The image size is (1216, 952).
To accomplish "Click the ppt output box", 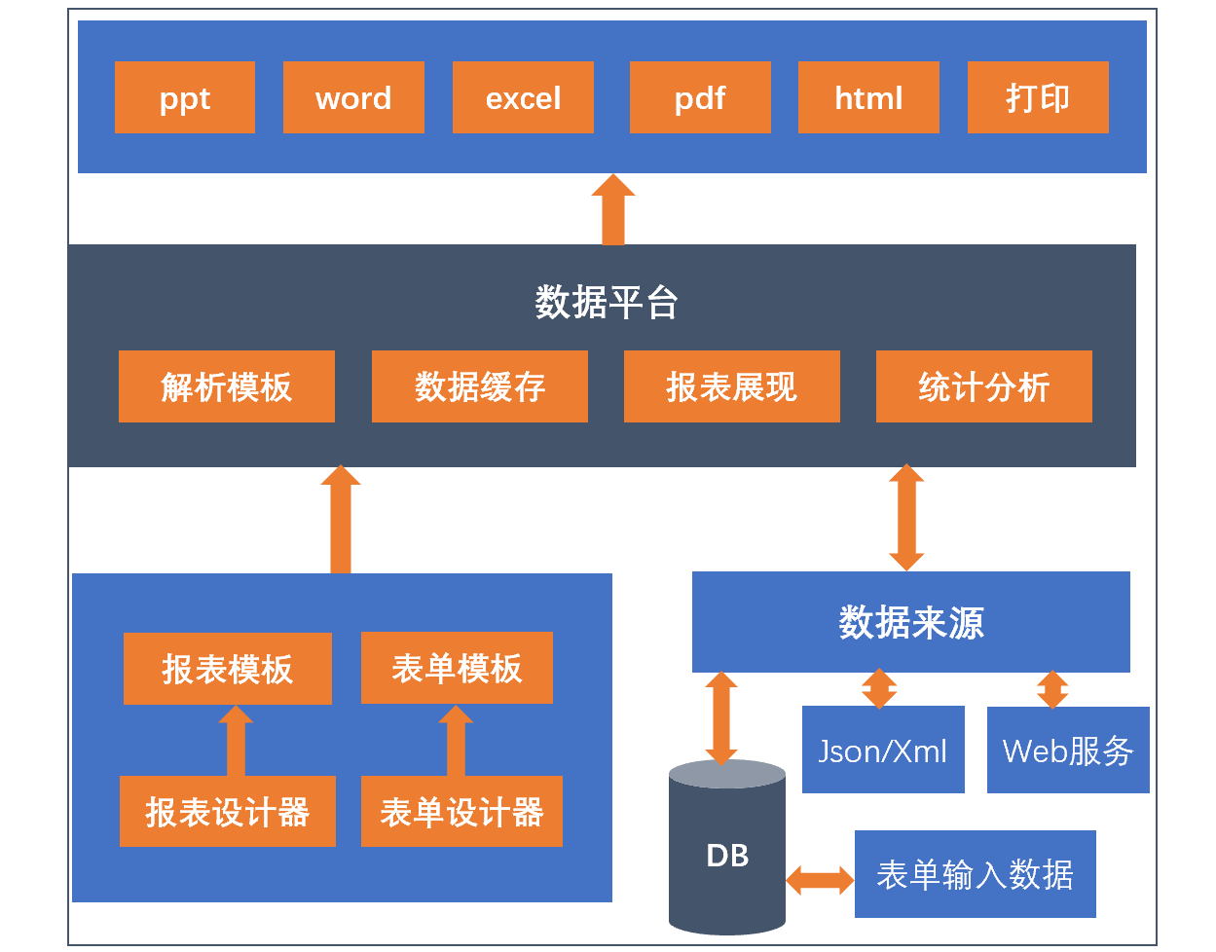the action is click(185, 97).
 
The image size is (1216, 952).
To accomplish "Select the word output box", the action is click(353, 97).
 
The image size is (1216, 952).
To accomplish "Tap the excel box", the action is click(523, 97).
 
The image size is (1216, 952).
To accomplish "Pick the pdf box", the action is click(700, 97).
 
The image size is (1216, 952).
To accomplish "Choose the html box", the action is click(868, 97).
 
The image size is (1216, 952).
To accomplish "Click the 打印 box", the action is click(1038, 97).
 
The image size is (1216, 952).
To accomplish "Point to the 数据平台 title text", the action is click(607, 302).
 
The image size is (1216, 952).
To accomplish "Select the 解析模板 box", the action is click(227, 386).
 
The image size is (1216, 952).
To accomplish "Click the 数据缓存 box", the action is click(480, 386).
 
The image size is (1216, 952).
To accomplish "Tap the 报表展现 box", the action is click(732, 386).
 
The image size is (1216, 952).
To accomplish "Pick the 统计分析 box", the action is click(983, 386).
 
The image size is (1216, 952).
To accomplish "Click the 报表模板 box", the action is click(228, 669).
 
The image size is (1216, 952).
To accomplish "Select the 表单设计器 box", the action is click(461, 811).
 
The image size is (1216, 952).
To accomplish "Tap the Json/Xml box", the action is click(883, 750).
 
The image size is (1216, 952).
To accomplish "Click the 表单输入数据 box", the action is click(976, 874).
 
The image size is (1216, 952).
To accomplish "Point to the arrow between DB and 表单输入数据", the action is click(820, 880).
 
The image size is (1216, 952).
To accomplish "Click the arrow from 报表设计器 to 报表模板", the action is click(236, 741).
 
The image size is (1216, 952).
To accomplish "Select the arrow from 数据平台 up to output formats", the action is click(613, 209).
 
